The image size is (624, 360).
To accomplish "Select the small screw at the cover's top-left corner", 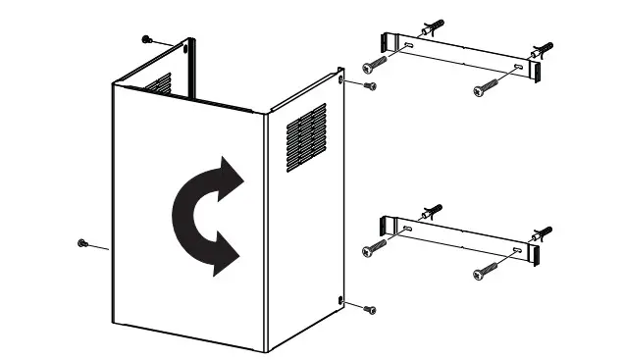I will (147, 38).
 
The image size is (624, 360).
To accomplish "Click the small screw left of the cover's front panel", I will (81, 242).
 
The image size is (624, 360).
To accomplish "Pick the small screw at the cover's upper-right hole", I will (369, 87).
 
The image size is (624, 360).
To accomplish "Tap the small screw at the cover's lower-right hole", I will (369, 309).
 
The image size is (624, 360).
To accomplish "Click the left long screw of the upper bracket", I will (373, 64).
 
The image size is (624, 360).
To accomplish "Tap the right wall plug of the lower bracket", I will (543, 233).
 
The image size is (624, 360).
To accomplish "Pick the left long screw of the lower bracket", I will (373, 247).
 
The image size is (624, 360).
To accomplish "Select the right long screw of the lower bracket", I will (482, 272).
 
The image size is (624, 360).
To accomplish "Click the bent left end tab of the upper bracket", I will (386, 41).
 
